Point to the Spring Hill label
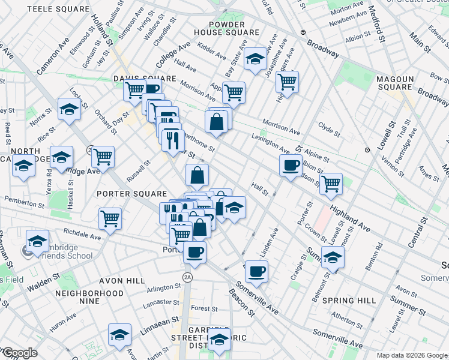(x=349, y=300)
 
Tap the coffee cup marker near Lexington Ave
(x=291, y=166)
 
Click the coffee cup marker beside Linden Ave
(x=257, y=271)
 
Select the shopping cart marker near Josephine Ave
(x=288, y=81)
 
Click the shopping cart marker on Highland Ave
(x=331, y=184)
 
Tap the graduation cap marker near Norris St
(x=70, y=109)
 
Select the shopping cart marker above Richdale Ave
(x=110, y=218)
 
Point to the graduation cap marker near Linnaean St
(x=119, y=334)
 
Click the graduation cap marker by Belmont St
(x=332, y=258)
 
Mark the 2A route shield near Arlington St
(x=187, y=276)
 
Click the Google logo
(x=19, y=353)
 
